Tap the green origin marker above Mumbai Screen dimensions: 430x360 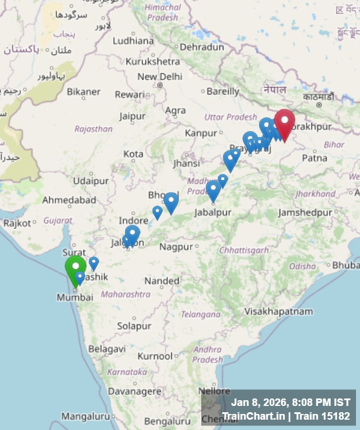(75, 268)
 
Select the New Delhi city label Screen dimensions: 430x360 (159, 77)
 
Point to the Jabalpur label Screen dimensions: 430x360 (213, 212)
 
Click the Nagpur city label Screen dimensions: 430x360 (176, 247)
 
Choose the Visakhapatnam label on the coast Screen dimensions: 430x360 (279, 311)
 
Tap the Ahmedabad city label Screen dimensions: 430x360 (69, 200)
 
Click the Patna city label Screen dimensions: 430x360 (314, 158)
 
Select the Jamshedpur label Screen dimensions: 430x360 (305, 213)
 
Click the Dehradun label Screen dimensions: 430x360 (201, 47)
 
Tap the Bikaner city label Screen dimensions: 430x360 (83, 91)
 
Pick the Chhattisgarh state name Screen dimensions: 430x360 (244, 250)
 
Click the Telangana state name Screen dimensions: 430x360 (201, 314)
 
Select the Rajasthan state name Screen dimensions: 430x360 (93, 129)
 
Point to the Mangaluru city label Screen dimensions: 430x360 (85, 416)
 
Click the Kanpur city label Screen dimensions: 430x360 (201, 133)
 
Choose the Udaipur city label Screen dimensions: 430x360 (91, 181)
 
